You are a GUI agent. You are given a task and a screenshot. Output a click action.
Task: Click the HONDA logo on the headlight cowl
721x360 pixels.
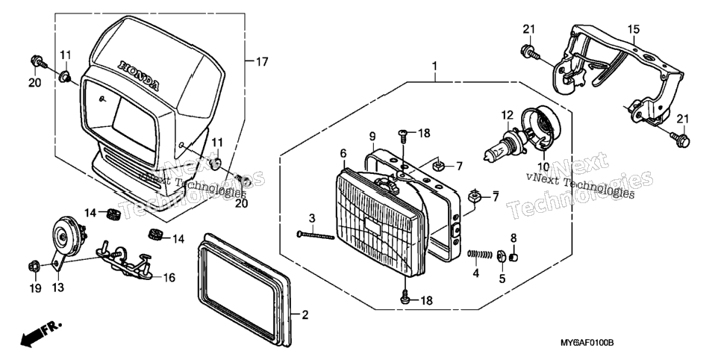138,75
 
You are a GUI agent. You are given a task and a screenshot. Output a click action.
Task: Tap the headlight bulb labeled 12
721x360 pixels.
504,146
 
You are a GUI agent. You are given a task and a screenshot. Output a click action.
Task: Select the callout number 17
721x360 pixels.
262,61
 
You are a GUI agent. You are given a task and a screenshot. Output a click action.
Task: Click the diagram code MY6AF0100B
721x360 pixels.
587,343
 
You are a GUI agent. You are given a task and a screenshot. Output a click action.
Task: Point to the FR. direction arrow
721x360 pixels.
40,334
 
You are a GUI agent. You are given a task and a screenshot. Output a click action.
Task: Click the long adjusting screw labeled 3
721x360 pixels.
316,235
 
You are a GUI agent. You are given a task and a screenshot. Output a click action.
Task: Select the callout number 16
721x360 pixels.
169,278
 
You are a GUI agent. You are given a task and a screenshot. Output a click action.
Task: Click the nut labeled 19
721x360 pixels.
33,266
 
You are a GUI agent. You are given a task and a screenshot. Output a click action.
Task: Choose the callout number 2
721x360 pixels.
305,315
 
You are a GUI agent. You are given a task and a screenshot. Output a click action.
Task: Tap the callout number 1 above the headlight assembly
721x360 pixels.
434,66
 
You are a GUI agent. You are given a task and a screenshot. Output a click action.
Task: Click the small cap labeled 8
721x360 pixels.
514,256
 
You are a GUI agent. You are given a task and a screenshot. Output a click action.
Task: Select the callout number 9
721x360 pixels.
372,136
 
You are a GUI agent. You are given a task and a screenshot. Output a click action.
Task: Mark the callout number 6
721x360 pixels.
343,153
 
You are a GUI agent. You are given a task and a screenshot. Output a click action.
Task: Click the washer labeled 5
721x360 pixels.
502,255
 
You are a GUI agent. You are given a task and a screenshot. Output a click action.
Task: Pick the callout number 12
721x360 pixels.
507,114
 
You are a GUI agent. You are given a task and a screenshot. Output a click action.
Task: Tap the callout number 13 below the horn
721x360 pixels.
58,288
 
